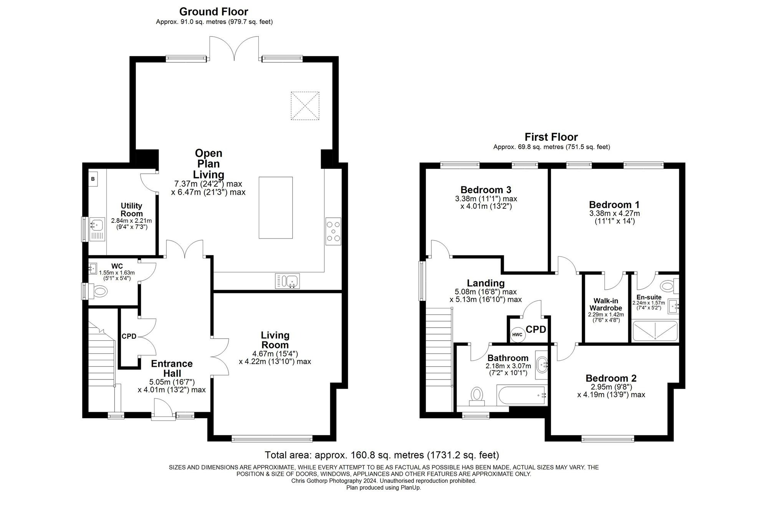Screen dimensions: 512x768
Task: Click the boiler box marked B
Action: click(93, 179)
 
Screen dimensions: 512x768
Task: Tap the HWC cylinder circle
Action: click(517, 335)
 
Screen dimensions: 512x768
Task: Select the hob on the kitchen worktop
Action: click(333, 231)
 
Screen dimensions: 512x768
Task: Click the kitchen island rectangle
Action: click(275, 207)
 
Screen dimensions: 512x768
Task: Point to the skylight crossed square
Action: click(305, 106)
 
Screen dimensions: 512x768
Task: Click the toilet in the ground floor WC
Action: click(98, 292)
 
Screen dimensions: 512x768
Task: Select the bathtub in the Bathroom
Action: click(521, 395)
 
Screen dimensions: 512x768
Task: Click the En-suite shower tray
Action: click(655, 331)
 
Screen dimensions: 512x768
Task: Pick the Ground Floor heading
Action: click(214, 12)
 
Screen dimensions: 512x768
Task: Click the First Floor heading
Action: click(551, 137)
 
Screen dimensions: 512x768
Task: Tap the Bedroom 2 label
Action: click(611, 378)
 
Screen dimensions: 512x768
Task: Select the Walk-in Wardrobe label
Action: click(606, 304)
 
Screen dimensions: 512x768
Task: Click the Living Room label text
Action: click(275, 340)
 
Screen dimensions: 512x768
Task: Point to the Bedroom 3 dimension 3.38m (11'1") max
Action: click(486, 199)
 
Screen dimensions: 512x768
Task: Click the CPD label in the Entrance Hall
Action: click(129, 336)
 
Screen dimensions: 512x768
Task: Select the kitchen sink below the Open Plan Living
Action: click(288, 281)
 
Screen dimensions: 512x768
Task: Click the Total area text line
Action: click(382, 455)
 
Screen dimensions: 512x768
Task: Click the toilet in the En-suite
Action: click(669, 285)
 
